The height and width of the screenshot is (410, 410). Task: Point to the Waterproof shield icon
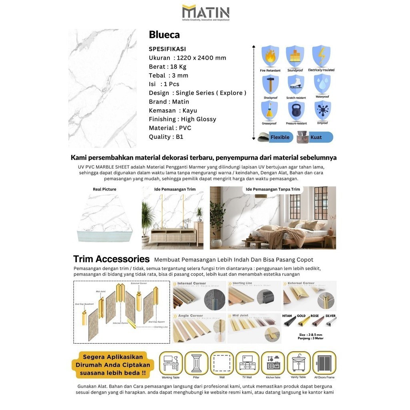pyautogui.click(x=322, y=83)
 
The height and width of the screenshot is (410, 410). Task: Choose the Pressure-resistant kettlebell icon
pyautogui.click(x=296, y=111)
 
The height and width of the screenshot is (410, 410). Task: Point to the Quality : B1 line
pyautogui.click(x=166, y=137)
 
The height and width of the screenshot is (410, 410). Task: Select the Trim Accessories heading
pyautogui.click(x=111, y=259)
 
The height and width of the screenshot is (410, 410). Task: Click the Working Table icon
pyautogui.click(x=171, y=363)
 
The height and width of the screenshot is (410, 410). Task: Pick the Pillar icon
pyautogui.click(x=196, y=363)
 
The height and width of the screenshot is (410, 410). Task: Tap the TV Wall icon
pyautogui.click(x=247, y=363)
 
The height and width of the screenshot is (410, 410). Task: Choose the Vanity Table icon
pyautogui.click(x=299, y=363)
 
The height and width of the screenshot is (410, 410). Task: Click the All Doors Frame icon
pyautogui.click(x=324, y=363)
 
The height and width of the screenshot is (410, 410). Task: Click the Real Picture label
pyautogui.click(x=105, y=189)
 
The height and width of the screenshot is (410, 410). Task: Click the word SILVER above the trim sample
pyautogui.click(x=331, y=316)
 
